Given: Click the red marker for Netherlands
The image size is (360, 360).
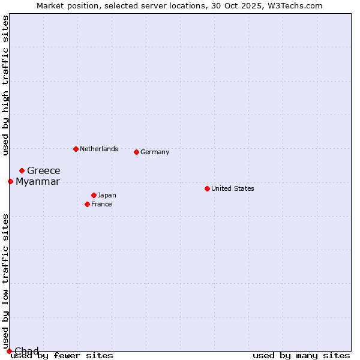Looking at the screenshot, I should pos(76,149).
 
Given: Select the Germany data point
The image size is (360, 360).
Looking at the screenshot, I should pos(136,152).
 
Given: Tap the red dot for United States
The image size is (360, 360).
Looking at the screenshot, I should pos(207,188).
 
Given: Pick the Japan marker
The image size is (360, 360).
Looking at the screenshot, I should pos(94,195).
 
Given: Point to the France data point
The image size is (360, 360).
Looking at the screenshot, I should pos(87,204).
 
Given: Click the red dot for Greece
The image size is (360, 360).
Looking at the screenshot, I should pos(22,170).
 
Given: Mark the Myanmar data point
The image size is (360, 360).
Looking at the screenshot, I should pos(10,181).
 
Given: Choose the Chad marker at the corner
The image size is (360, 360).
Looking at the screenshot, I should pos(9,351).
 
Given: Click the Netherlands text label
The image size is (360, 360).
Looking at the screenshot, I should pos(99,149).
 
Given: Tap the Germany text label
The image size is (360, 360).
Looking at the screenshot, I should pos(155,152).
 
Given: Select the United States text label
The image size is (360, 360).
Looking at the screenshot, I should pos(233,188).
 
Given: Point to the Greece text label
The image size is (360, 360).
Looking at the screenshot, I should pos(44,171).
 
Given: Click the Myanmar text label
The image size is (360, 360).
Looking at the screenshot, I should pos(38,182).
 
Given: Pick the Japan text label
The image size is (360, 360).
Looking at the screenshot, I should pos(107,195).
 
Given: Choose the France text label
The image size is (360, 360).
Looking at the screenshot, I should pos(101,204).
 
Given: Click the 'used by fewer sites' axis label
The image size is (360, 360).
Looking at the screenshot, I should pos(62,356).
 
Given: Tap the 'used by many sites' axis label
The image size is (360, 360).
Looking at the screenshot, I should pos(301,356).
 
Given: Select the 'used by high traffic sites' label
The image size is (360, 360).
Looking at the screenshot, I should pos(5,85).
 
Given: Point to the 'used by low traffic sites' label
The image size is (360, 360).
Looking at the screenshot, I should pos(5,281).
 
